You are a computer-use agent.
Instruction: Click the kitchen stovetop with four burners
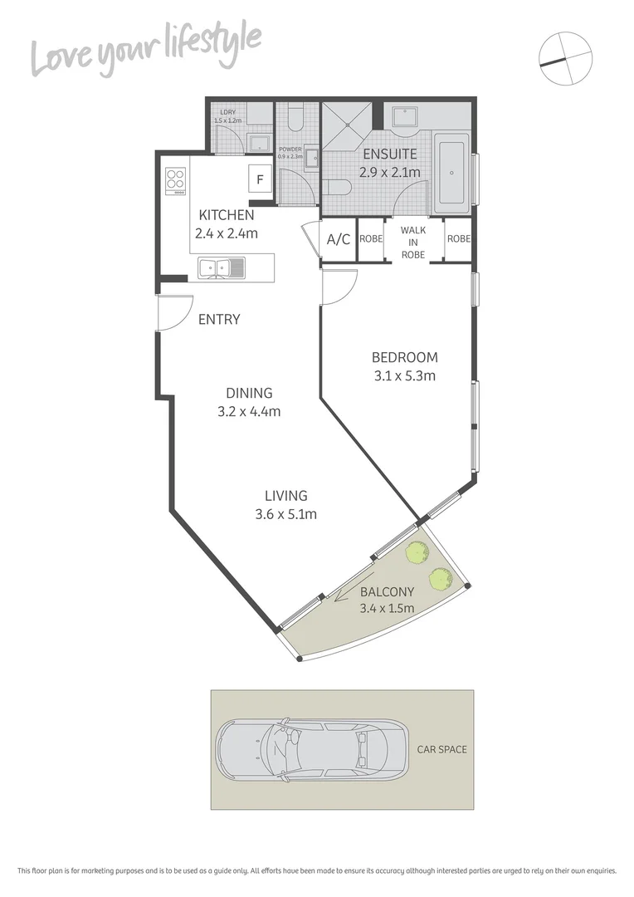(176, 181)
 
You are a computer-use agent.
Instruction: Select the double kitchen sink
(222, 267)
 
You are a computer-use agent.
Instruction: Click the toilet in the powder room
(296, 120)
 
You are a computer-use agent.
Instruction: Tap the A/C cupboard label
(338, 240)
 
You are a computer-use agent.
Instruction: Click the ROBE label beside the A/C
(372, 239)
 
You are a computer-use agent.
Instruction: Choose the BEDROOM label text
(404, 358)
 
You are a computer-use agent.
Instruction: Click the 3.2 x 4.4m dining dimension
(249, 411)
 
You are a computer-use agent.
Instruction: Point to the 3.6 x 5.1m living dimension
(286, 514)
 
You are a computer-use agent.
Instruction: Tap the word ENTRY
(219, 320)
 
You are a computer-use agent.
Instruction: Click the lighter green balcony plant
(416, 551)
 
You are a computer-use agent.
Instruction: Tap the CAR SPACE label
(441, 749)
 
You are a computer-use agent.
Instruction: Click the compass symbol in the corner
(565, 59)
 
